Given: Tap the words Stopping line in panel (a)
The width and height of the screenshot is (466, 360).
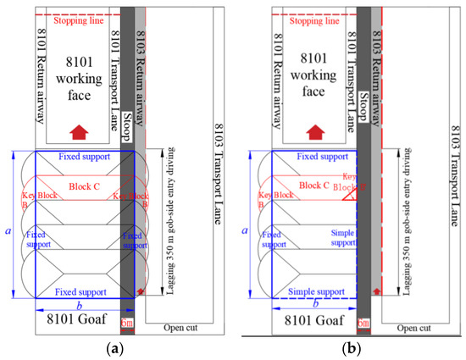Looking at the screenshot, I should (x=77, y=21).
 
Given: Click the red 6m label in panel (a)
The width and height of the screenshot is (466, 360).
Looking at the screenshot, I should (x=128, y=323).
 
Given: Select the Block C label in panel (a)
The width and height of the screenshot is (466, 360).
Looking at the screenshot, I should (x=85, y=186).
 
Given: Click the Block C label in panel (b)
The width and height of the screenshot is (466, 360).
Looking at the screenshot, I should (x=315, y=186).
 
